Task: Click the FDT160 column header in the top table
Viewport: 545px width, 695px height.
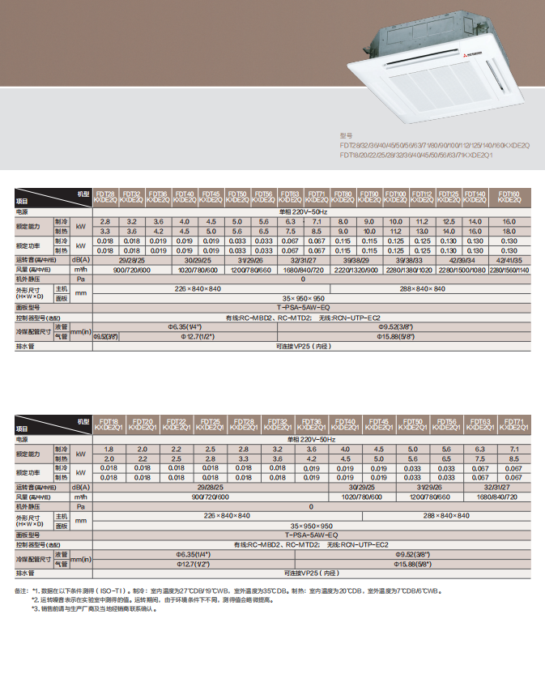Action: click(509, 197)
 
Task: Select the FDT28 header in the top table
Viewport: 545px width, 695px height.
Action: click(104, 197)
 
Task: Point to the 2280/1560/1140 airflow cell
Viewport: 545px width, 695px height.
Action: click(509, 270)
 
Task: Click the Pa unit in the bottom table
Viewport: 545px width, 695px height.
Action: click(80, 506)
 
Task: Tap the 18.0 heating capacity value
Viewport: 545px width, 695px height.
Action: click(509, 231)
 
